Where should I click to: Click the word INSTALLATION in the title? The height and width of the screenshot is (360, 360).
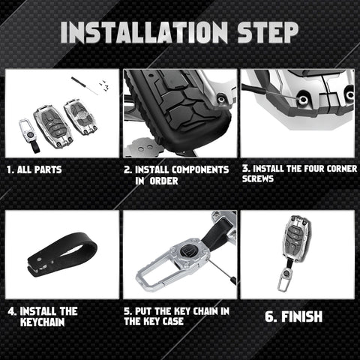tap(144, 32)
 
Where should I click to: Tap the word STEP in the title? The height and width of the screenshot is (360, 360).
tap(268, 32)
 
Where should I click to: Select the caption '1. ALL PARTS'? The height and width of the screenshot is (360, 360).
tap(34, 169)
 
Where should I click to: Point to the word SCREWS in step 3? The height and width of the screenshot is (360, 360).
tap(258, 178)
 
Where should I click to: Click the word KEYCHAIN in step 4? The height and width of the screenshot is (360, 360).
tap(43, 322)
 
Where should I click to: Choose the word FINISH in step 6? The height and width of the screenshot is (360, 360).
tap(301, 316)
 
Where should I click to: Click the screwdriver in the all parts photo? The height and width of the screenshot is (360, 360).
tap(84, 85)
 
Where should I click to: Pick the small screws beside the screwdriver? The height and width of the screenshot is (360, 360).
tap(104, 85)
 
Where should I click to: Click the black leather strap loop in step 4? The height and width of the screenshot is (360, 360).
tap(61, 254)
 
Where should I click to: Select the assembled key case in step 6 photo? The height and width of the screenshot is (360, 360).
tap(296, 239)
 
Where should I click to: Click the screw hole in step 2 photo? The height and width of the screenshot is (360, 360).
tap(220, 100)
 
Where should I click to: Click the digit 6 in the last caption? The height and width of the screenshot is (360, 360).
tap(269, 316)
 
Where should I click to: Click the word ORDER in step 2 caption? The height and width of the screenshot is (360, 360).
tap(163, 181)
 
